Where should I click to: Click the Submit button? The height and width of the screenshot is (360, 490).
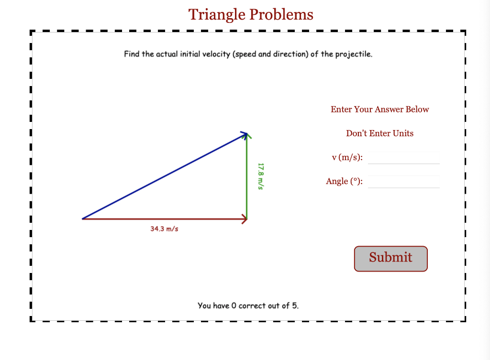tap(390, 259)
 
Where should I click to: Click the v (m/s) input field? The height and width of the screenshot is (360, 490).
tap(403, 158)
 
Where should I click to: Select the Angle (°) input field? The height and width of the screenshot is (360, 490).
tap(403, 182)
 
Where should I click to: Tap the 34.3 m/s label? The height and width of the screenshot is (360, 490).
tap(164, 229)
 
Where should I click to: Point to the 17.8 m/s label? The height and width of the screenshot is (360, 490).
tap(260, 176)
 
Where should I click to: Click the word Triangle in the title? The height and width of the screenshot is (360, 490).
tap(217, 15)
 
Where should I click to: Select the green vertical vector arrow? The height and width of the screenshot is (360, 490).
tap(246, 177)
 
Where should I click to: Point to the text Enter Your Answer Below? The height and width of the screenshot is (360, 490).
tap(379, 109)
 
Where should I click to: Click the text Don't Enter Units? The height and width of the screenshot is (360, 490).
tap(379, 133)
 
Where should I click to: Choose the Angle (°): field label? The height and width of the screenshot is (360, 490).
tap(344, 182)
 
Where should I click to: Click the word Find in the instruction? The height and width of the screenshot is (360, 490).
tap(132, 54)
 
